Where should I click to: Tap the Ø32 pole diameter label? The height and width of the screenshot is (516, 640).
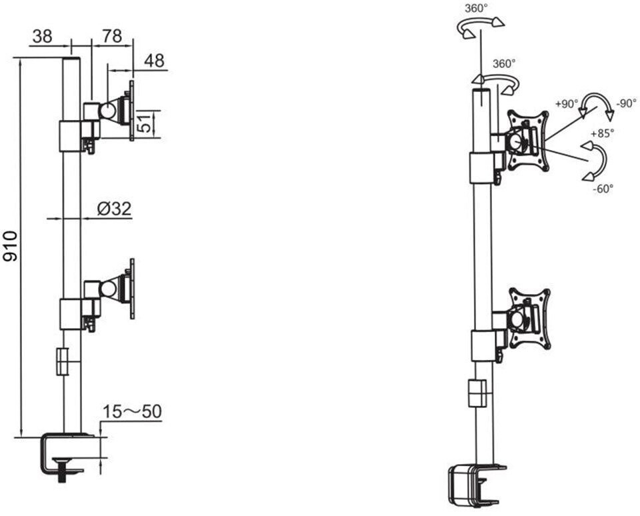pyautogui.click(x=113, y=209)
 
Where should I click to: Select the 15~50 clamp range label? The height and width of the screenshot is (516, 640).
pyautogui.click(x=133, y=412)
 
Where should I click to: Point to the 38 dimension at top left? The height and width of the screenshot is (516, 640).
pyautogui.click(x=42, y=37)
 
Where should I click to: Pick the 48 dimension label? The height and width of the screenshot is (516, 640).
pyautogui.click(x=154, y=61)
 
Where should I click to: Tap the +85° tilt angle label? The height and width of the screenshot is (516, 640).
pyautogui.click(x=601, y=133)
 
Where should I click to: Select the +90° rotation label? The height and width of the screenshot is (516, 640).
pyautogui.click(x=567, y=104)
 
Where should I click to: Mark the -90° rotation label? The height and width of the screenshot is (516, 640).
pyautogui.click(x=626, y=104)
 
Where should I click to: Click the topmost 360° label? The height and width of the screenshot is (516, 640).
pyautogui.click(x=476, y=8)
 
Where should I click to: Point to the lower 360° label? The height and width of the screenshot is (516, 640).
pyautogui.click(x=504, y=64)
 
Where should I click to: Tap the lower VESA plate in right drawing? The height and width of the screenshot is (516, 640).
pyautogui.click(x=530, y=318)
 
